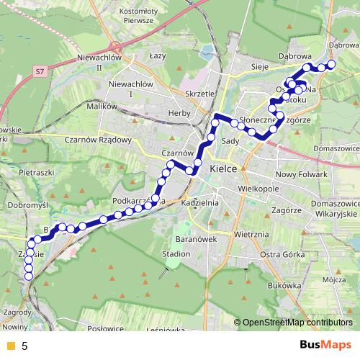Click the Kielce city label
click(222, 169)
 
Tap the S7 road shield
click(40, 71)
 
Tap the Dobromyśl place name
click(26, 204)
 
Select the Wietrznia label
click(251, 234)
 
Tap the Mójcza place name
click(330, 279)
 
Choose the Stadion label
click(176, 254)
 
